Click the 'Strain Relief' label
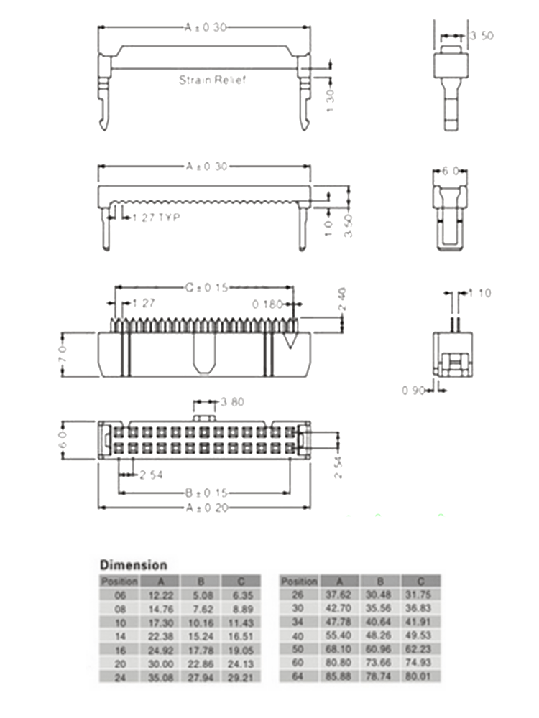212,80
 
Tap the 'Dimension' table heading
134,565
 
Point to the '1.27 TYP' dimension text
155,217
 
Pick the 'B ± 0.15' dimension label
206,493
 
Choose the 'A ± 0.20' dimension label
206,508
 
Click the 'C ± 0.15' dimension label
206,288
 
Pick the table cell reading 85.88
339,676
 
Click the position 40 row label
299,635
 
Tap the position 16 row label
119,649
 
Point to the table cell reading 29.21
240,676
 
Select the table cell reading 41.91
420,622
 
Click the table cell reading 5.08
200,595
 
